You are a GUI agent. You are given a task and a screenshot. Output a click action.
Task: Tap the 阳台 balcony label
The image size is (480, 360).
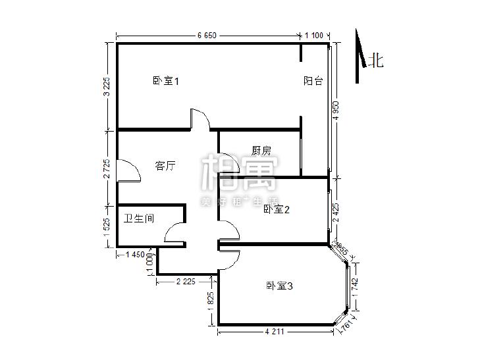coord(313,81)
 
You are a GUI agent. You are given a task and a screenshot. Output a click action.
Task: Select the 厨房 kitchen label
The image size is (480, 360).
coord(261,151)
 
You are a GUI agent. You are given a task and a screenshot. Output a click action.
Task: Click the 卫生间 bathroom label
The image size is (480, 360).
coord(139,217)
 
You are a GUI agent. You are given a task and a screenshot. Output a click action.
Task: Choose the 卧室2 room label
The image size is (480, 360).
coord(277,209)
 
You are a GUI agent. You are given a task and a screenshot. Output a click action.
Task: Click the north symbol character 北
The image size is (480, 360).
coord(376,61)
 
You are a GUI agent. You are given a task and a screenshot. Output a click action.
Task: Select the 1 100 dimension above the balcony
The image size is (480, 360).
coord(314,36)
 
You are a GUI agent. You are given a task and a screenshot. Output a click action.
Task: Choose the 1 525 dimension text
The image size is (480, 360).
coord(107,226)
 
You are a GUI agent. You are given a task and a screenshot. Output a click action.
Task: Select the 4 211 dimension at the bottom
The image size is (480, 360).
coord(275,332)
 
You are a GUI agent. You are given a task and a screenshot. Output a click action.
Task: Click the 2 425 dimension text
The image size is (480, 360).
coord(335,212)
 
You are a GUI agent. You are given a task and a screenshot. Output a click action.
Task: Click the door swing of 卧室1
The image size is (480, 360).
coord(200,119)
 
